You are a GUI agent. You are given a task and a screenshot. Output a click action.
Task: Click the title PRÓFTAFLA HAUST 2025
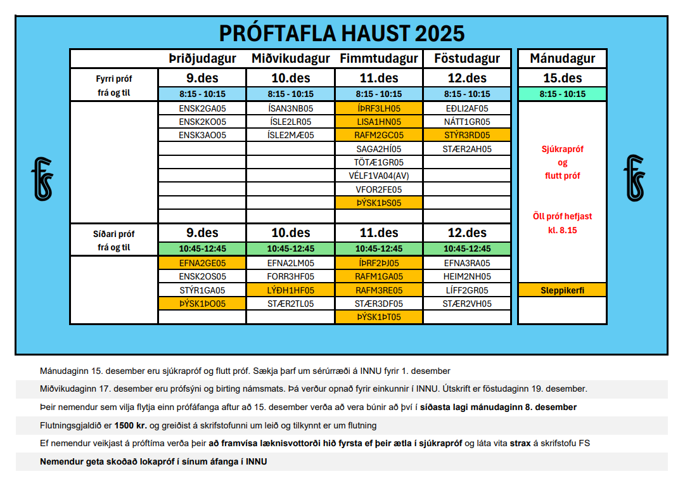[342, 33]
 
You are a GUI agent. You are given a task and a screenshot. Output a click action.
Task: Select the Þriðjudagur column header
[202, 59]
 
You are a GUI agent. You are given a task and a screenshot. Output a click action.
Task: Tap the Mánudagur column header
[562, 59]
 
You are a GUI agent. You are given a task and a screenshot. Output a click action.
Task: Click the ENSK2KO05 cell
[202, 122]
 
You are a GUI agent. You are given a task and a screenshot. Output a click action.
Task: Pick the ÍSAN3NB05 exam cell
[290, 108]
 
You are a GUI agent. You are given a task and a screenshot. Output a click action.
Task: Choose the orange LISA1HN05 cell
[379, 122]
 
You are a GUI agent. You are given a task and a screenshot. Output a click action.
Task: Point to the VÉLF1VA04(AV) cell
[379, 176]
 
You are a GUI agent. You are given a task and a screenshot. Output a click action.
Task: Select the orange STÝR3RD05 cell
[467, 135]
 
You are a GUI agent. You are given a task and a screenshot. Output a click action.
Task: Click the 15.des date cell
[562, 79]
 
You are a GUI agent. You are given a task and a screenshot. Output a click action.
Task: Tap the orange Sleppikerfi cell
[562, 290]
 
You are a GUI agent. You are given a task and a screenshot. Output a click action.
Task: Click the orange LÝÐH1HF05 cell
[290, 290]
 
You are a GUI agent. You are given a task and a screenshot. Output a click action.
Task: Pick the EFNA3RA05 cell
[467, 263]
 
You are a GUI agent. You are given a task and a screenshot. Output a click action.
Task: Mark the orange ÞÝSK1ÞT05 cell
[379, 317]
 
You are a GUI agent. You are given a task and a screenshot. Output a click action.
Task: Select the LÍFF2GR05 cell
[467, 290]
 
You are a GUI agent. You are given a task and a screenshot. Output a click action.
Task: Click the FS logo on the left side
[42, 179]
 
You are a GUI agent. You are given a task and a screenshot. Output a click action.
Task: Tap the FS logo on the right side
[634, 179]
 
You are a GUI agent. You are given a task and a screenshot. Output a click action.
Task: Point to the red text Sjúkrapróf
[562, 150]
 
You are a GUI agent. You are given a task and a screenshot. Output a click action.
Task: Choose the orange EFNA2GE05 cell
[202, 263]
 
